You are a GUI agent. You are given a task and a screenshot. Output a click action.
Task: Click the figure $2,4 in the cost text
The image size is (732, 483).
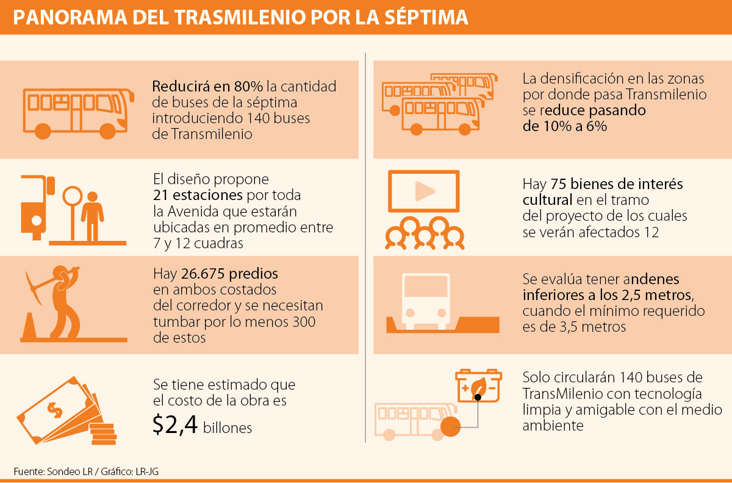(174, 425)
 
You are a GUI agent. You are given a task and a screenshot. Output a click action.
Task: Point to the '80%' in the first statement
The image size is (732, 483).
(248, 87)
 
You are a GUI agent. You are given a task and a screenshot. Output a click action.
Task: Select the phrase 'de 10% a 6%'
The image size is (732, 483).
(564, 127)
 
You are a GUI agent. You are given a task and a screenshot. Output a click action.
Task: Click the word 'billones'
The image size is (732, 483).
(228, 428)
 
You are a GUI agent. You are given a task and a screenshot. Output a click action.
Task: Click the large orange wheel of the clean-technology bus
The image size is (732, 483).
(450, 426)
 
